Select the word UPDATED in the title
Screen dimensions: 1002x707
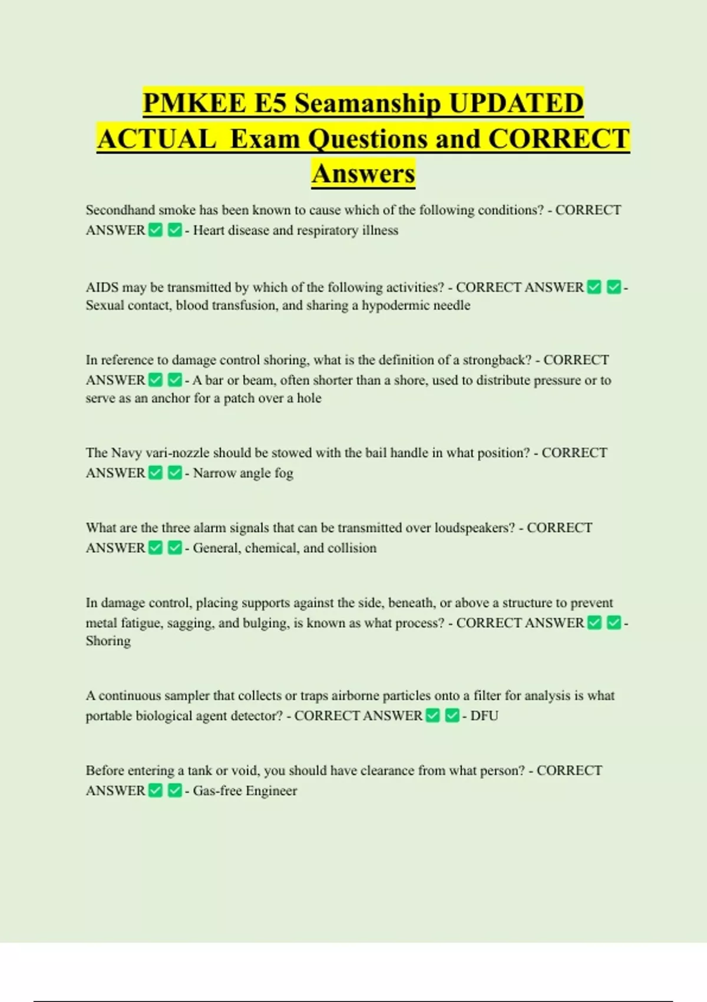[516, 103]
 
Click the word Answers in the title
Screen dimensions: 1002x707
[364, 173]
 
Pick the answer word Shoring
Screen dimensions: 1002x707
[108, 641]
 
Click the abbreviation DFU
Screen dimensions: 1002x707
[484, 716]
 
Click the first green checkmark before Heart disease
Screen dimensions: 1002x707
[156, 230]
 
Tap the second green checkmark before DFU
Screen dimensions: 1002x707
[452, 716]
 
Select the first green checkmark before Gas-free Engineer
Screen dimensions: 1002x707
[156, 790]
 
